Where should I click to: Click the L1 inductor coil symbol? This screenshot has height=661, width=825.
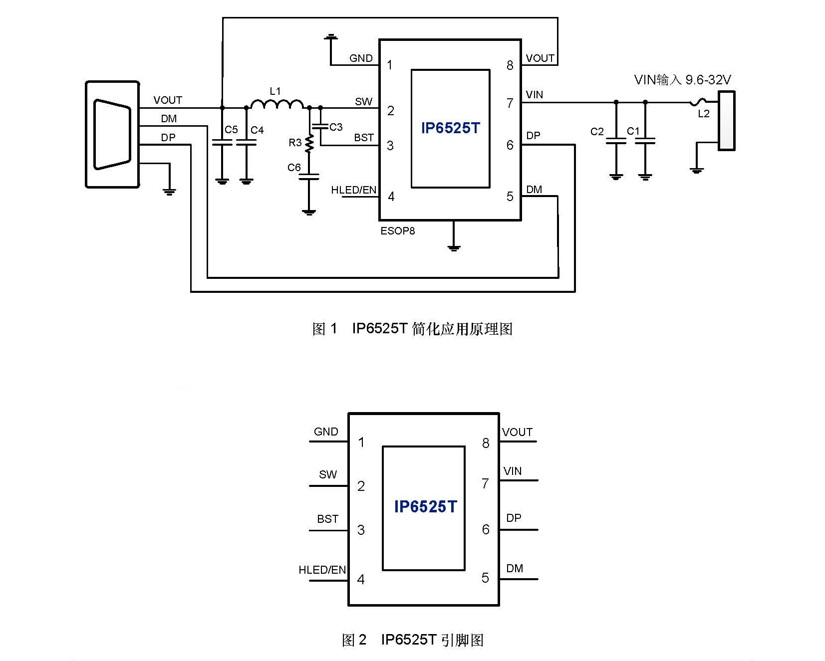[x=276, y=104]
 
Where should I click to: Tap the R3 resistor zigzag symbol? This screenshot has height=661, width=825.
[x=309, y=143]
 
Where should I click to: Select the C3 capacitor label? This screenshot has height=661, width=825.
[x=336, y=127]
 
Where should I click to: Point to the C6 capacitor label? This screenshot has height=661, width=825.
[x=294, y=168]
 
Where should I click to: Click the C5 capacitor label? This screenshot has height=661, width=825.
[x=231, y=130]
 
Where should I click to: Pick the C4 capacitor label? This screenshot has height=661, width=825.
[x=257, y=130]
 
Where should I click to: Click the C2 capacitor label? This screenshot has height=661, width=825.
[x=597, y=132]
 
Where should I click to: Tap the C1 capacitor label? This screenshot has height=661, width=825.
[x=633, y=131]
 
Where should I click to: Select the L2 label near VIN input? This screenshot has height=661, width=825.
[x=704, y=114]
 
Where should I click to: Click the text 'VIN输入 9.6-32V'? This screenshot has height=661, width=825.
[x=682, y=80]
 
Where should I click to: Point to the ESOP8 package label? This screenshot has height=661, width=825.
[x=398, y=231]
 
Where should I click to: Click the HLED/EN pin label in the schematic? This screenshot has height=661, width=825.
[x=354, y=190]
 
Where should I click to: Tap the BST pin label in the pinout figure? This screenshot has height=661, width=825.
[x=327, y=519]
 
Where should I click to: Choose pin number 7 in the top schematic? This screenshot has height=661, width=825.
[x=510, y=103]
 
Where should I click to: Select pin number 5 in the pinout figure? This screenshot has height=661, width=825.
[x=485, y=578]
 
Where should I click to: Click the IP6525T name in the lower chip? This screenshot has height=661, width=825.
[x=425, y=507]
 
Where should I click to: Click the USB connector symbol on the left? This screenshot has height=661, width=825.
[x=112, y=135]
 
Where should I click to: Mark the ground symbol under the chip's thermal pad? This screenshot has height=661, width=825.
[x=454, y=247]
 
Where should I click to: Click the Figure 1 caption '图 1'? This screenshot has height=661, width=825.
[x=325, y=329]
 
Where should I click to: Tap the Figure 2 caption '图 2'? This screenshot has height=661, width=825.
[x=354, y=640]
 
